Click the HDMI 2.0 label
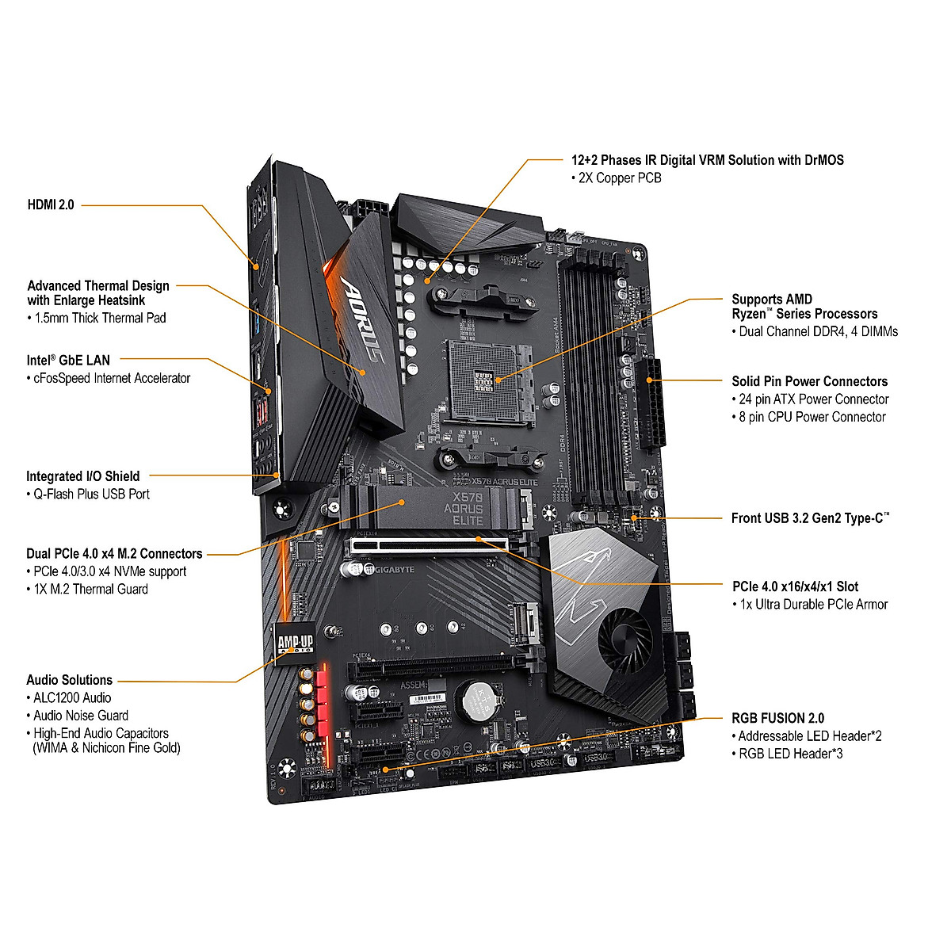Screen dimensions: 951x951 [x=51, y=204]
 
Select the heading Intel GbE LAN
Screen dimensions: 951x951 [x=68, y=361]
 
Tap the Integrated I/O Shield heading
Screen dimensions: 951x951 [x=82, y=476]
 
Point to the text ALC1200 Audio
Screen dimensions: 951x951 [x=72, y=698]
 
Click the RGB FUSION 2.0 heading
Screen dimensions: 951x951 [x=777, y=718]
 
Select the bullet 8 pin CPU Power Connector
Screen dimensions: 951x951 [x=812, y=417]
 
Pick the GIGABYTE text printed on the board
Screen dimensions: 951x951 [x=394, y=570]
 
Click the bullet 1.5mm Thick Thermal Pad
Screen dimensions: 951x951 [x=100, y=318]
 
